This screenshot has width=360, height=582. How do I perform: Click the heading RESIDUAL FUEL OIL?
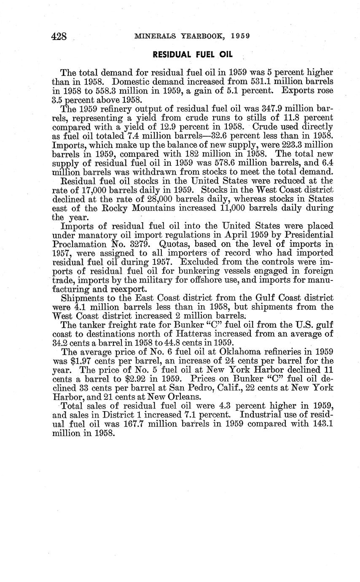click(x=192, y=55)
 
